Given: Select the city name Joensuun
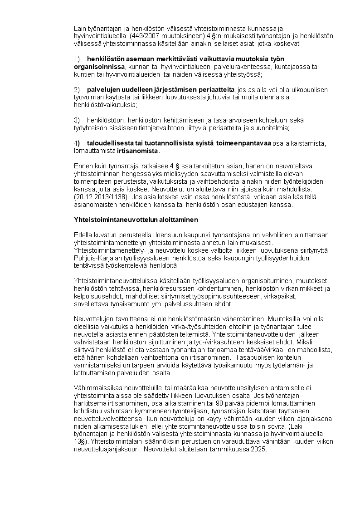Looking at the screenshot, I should (x=178, y=235).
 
